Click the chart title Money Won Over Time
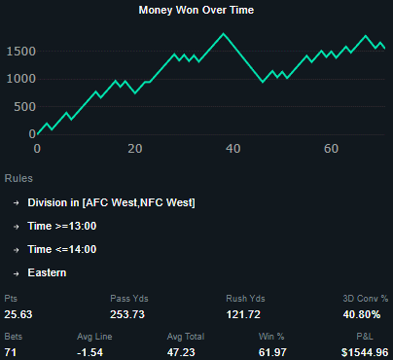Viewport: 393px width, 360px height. (x=196, y=10)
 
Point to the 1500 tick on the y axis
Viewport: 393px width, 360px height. (x=19, y=51)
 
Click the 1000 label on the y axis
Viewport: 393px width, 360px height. (x=19, y=79)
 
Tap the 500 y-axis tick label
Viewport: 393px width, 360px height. (x=23, y=106)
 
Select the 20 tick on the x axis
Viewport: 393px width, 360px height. (x=135, y=149)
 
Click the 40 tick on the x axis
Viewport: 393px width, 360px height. (x=232, y=149)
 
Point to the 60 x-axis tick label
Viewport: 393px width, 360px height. (x=331, y=149)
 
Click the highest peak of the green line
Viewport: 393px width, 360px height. (x=224, y=34)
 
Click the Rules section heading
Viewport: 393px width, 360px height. (x=19, y=179)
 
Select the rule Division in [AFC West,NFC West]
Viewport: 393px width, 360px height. (x=111, y=202)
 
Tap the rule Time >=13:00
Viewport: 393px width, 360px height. (x=61, y=226)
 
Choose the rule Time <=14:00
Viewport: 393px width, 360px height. (x=61, y=249)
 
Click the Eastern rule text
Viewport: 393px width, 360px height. (x=47, y=272)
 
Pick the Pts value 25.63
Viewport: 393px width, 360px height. (x=19, y=314)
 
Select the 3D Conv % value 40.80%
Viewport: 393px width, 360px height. (x=367, y=314)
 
